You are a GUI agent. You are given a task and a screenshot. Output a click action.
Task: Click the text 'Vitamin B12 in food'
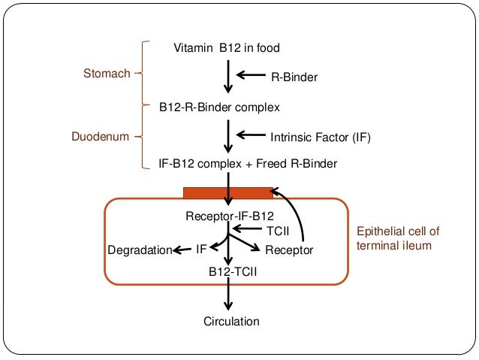(227, 48)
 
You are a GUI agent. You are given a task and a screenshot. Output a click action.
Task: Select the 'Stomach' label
(106, 74)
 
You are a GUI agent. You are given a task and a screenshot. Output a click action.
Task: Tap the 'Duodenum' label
(101, 138)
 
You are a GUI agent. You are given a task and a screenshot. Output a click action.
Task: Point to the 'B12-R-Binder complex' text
(218, 107)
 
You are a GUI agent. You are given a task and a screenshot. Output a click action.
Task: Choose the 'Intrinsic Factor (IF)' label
(320, 138)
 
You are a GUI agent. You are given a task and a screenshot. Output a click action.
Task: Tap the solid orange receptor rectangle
(227, 192)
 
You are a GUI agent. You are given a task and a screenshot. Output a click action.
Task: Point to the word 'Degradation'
(140, 250)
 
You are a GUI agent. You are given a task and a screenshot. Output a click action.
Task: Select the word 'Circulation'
(231, 322)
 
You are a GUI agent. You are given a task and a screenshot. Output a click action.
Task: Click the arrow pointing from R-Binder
(251, 75)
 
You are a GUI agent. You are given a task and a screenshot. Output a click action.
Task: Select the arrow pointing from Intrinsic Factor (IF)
(251, 136)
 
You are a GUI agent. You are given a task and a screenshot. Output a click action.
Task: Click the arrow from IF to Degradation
(182, 250)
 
